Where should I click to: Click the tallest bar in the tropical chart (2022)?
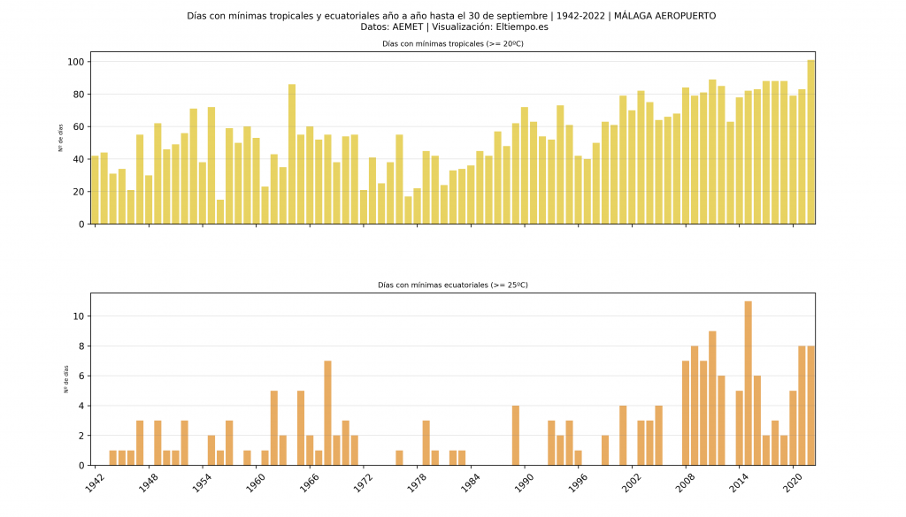[x=810, y=141]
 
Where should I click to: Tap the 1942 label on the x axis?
[x=93, y=483]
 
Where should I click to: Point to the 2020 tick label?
[x=791, y=483]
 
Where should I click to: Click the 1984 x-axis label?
[x=469, y=483]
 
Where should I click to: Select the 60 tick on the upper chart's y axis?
[x=77, y=127]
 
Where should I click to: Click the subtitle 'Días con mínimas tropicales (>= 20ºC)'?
[x=452, y=43]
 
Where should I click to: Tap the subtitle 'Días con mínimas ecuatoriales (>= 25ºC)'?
[x=452, y=285]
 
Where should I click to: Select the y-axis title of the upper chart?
[x=61, y=138]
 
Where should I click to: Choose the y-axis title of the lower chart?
[x=65, y=379]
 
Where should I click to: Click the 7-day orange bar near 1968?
[x=327, y=413]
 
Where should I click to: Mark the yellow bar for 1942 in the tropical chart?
[x=95, y=190]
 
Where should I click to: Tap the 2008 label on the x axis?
[x=683, y=483]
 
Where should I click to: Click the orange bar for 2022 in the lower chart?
[x=810, y=406]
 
